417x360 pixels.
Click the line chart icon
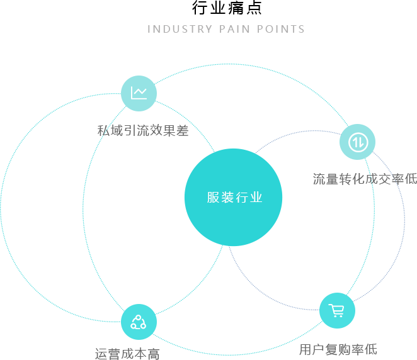(139, 93)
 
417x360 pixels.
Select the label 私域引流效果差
(143, 130)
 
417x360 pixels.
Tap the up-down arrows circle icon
(357, 142)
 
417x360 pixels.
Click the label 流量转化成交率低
(365, 179)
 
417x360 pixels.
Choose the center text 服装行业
(234, 198)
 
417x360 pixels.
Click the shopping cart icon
(337, 310)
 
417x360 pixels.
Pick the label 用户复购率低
(338, 349)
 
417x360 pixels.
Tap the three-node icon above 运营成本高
(139, 322)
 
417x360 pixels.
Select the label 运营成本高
(127, 354)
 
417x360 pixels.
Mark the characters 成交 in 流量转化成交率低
(378, 179)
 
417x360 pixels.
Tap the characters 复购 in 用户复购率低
(338, 349)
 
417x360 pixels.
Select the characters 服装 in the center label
(220, 198)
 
